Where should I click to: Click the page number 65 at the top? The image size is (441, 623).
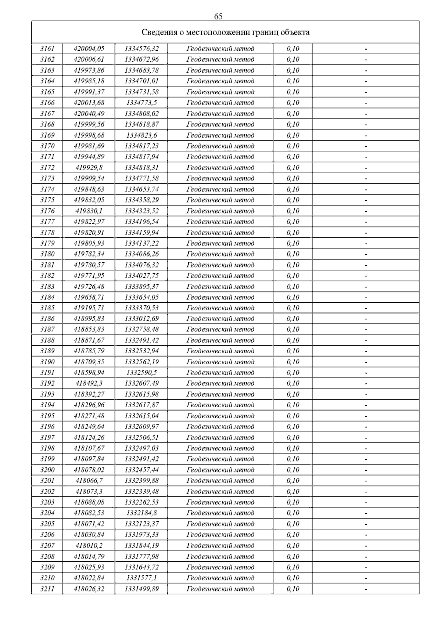(x=218, y=17)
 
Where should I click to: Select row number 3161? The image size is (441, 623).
(x=47, y=49)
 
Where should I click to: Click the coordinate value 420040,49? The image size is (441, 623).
(x=89, y=114)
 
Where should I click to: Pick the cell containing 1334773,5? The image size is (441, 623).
(x=141, y=103)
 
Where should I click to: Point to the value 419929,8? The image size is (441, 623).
(x=89, y=168)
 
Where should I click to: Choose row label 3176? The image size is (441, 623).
(x=47, y=211)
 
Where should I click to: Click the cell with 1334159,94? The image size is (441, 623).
(x=141, y=233)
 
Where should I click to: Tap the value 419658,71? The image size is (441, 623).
(x=89, y=297)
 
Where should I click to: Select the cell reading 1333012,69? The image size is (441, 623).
(x=141, y=318)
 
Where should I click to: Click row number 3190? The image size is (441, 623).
(x=47, y=362)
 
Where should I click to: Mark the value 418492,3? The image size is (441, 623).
(x=89, y=383)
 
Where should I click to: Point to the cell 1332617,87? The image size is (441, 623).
(x=141, y=405)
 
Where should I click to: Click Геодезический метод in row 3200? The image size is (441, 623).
(x=220, y=470)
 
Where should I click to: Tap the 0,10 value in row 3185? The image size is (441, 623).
(x=293, y=308)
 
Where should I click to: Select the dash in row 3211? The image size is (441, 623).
(x=366, y=589)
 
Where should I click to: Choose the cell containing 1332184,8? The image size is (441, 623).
(x=141, y=513)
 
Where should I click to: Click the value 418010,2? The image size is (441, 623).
(x=89, y=546)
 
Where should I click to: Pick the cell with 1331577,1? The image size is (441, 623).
(x=141, y=578)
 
